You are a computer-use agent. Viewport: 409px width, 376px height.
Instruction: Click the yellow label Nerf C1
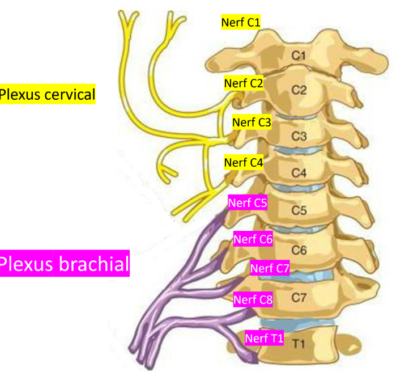[x=240, y=23]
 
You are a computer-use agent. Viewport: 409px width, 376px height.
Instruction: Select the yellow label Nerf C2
[x=244, y=83]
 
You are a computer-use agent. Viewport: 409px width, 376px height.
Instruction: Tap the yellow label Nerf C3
[x=252, y=122]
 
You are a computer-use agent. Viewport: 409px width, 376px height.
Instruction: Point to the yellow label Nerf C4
[x=244, y=162]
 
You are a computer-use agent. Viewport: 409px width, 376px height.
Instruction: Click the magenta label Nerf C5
[x=247, y=201]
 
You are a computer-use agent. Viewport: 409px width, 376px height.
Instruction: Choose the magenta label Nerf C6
[x=253, y=239]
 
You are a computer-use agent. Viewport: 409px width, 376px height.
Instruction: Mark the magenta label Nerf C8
[x=253, y=299]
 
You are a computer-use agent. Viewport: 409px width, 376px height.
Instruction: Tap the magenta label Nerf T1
[x=265, y=339]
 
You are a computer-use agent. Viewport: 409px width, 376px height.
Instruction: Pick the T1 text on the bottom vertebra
[x=299, y=343]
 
